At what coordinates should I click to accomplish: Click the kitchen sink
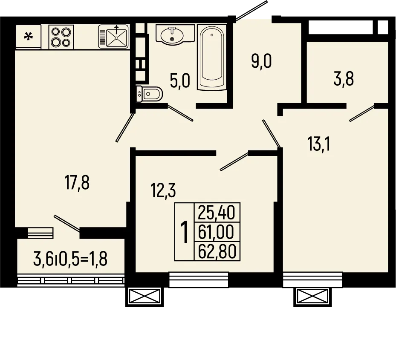pos(113,37)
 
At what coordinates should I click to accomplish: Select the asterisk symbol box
pos(29,37)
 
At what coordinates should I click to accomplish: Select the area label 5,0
pos(179,81)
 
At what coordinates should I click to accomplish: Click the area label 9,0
pos(261,62)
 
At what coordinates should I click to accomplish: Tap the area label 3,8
pos(344,79)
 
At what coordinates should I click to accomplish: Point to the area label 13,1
pos(319,144)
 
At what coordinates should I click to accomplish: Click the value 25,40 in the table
pos(217,212)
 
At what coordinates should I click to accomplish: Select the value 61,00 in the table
pos(217,232)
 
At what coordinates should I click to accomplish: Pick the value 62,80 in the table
pos(217,251)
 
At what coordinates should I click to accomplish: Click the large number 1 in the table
pos(185,232)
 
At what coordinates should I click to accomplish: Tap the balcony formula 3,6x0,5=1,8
pos(71,258)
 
